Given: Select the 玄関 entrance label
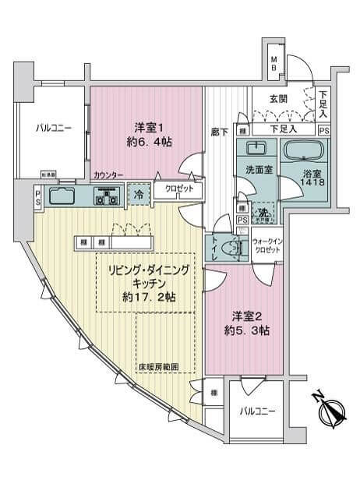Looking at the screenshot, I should (x=280, y=98).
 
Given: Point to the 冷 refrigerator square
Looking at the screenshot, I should (x=137, y=196).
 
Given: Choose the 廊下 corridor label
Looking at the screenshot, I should (x=219, y=133).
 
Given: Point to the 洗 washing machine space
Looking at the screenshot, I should (x=264, y=214).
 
